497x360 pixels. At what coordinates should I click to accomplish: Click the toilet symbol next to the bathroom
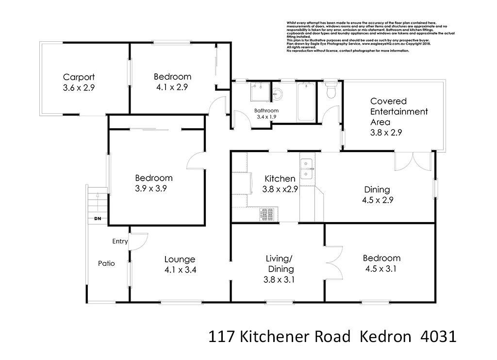tap(331, 91)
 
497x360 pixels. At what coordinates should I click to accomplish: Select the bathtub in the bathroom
tap(306, 102)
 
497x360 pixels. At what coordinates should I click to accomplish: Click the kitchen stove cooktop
tap(267, 213)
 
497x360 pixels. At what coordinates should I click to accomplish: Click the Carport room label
tap(79, 77)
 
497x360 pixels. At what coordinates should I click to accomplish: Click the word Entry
tap(120, 241)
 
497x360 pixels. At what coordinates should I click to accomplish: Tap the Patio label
tap(106, 264)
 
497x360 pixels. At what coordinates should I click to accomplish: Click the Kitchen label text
tap(280, 179)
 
